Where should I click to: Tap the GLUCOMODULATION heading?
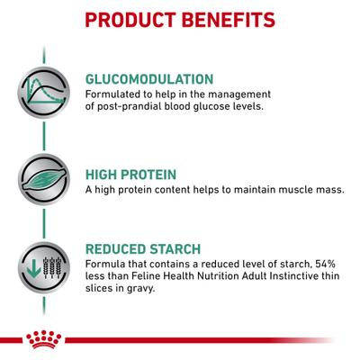pyautogui.click(x=148, y=79)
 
